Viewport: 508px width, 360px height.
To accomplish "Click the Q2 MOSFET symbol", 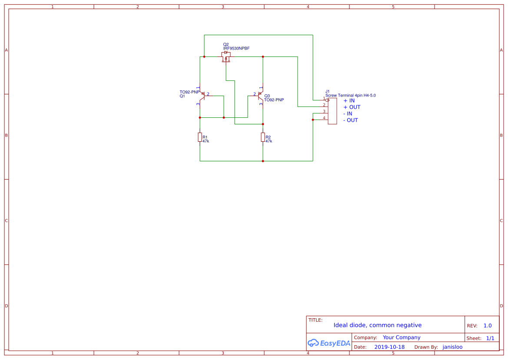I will [x=226, y=57].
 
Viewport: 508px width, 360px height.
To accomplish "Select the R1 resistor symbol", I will [x=200, y=137].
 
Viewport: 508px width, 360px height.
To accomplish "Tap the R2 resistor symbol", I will [x=263, y=137].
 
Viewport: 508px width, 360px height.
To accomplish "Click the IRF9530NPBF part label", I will [x=236, y=48].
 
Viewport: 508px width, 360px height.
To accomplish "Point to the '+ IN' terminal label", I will [x=349, y=100].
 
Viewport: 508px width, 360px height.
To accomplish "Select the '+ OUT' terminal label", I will [x=352, y=107].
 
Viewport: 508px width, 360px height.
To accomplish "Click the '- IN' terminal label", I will [x=348, y=113].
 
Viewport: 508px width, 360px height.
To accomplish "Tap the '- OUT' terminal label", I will [x=350, y=120].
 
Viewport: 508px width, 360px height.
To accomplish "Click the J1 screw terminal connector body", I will [x=332, y=111].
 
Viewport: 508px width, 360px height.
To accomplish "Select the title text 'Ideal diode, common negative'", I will [x=377, y=325].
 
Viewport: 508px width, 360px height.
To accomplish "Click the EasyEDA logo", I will [x=329, y=343].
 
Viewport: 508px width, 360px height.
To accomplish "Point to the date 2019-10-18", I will [x=389, y=347].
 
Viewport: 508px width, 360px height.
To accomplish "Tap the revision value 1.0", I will [x=488, y=326].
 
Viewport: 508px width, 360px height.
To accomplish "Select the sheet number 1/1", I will [x=490, y=338].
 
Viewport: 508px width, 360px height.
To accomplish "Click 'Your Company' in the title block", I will [x=402, y=337].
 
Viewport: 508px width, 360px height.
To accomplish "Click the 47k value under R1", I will [x=206, y=141].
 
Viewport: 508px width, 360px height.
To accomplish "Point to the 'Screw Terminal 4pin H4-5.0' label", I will [x=350, y=95].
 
